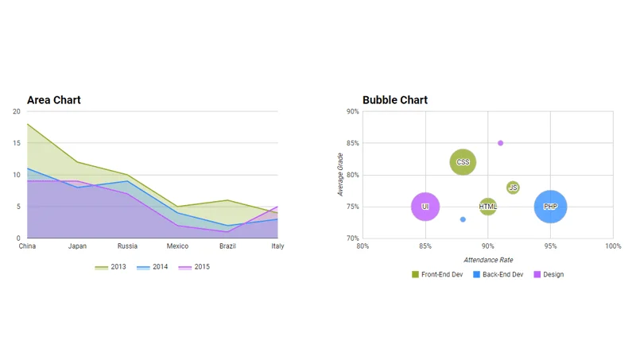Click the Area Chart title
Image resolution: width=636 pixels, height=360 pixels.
coord(54,100)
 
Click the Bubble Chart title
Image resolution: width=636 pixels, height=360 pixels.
coord(395,100)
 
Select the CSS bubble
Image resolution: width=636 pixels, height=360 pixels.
coord(463,162)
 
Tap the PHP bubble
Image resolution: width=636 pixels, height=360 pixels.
coord(550,207)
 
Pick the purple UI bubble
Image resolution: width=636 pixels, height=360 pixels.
coord(425,207)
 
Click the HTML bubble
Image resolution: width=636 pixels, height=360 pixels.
coord(488,207)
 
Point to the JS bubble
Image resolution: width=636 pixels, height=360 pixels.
coord(513,188)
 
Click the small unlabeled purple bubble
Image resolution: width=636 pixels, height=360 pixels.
coord(500,143)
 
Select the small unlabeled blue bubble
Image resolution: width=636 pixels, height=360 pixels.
coord(463,219)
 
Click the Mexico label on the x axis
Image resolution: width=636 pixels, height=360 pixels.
coord(177,246)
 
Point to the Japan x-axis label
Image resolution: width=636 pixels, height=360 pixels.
coord(77,246)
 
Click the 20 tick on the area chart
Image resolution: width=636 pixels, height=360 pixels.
coord(17,111)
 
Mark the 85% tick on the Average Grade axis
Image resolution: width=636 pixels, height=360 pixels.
coord(351,143)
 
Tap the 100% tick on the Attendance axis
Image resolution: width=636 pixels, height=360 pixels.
coord(613,246)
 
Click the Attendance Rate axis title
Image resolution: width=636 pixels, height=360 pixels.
coord(487,260)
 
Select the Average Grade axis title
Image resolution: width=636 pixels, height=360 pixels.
coord(340,175)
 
